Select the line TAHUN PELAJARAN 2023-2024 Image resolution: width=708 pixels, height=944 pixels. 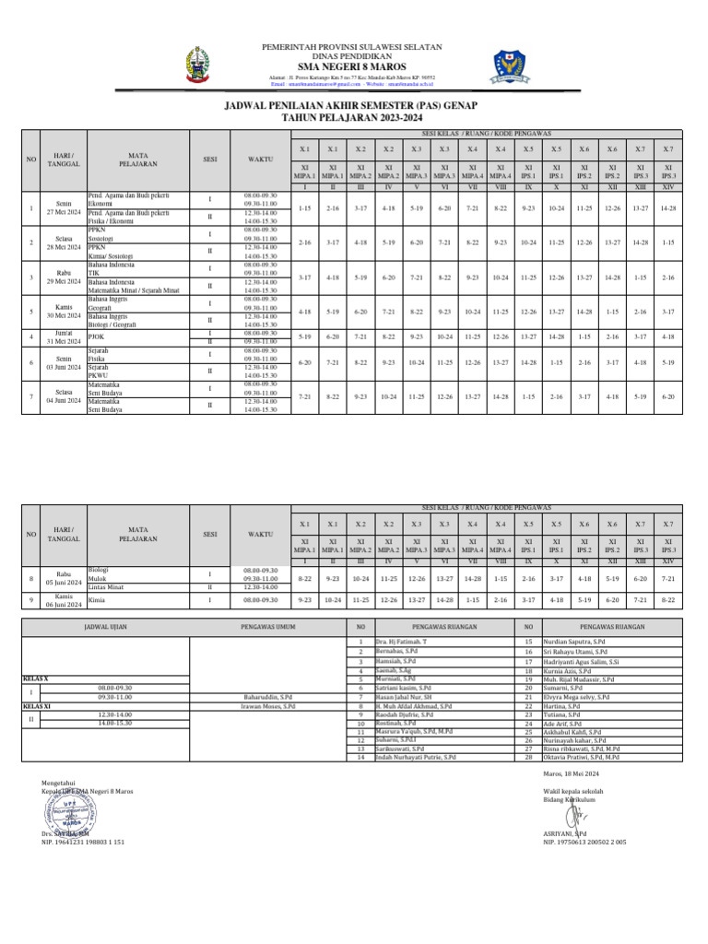click(x=353, y=117)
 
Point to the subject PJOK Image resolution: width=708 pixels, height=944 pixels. click(x=97, y=336)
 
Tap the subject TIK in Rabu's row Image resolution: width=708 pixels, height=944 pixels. click(x=93, y=273)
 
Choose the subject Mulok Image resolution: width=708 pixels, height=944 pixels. click(x=96, y=578)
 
